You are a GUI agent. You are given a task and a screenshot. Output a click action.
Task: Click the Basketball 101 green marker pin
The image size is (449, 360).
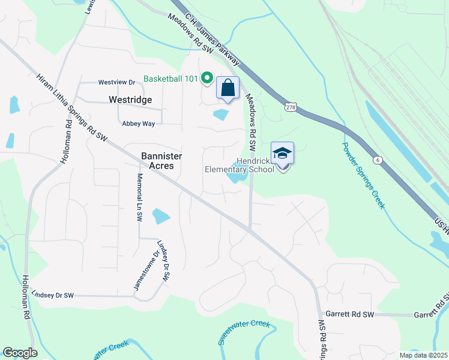(206, 77)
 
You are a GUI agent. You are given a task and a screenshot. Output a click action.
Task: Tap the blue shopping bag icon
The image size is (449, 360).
(228, 88)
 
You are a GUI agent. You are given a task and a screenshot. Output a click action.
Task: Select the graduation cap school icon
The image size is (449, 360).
(283, 153)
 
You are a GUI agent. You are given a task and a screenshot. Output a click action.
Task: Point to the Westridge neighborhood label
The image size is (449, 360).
(130, 100)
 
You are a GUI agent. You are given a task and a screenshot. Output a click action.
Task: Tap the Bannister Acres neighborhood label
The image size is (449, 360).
(161, 160)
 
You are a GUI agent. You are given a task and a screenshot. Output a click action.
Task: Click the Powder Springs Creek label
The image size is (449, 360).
(363, 175)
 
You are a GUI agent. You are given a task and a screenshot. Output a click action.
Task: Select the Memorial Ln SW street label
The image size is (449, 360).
(139, 198)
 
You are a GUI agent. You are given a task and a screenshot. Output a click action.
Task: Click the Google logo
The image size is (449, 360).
(20, 353)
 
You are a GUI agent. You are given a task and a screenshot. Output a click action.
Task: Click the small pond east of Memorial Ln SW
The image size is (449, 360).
(161, 216)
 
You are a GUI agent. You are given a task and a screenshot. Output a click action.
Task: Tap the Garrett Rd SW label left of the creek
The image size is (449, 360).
(349, 314)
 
